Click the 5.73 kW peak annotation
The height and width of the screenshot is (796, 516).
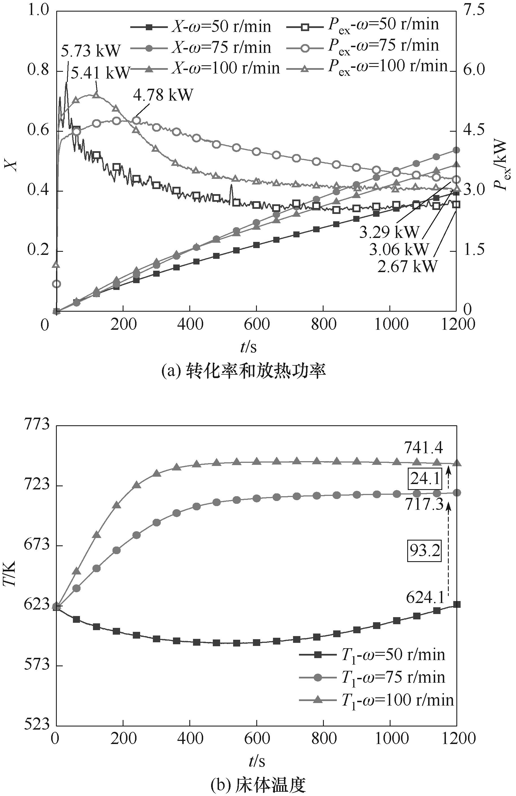click(90, 51)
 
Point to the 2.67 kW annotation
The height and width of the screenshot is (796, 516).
click(407, 266)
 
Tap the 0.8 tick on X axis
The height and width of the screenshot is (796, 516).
click(38, 70)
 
